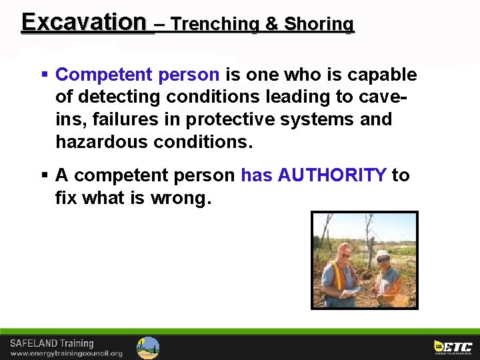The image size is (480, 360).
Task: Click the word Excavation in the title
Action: [x=83, y=22]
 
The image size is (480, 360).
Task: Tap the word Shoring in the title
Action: [x=319, y=24]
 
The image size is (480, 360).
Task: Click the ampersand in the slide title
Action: [x=271, y=24]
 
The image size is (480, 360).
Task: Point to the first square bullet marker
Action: [x=44, y=75]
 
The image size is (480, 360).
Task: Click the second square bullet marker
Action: [x=44, y=175]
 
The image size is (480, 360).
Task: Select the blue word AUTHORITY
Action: [x=332, y=175]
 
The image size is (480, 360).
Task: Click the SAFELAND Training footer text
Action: [x=51, y=343]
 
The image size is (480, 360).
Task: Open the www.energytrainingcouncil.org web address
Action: [x=66, y=353]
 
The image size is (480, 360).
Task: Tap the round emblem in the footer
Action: [x=148, y=347]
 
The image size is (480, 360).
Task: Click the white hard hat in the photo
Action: [x=383, y=254]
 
